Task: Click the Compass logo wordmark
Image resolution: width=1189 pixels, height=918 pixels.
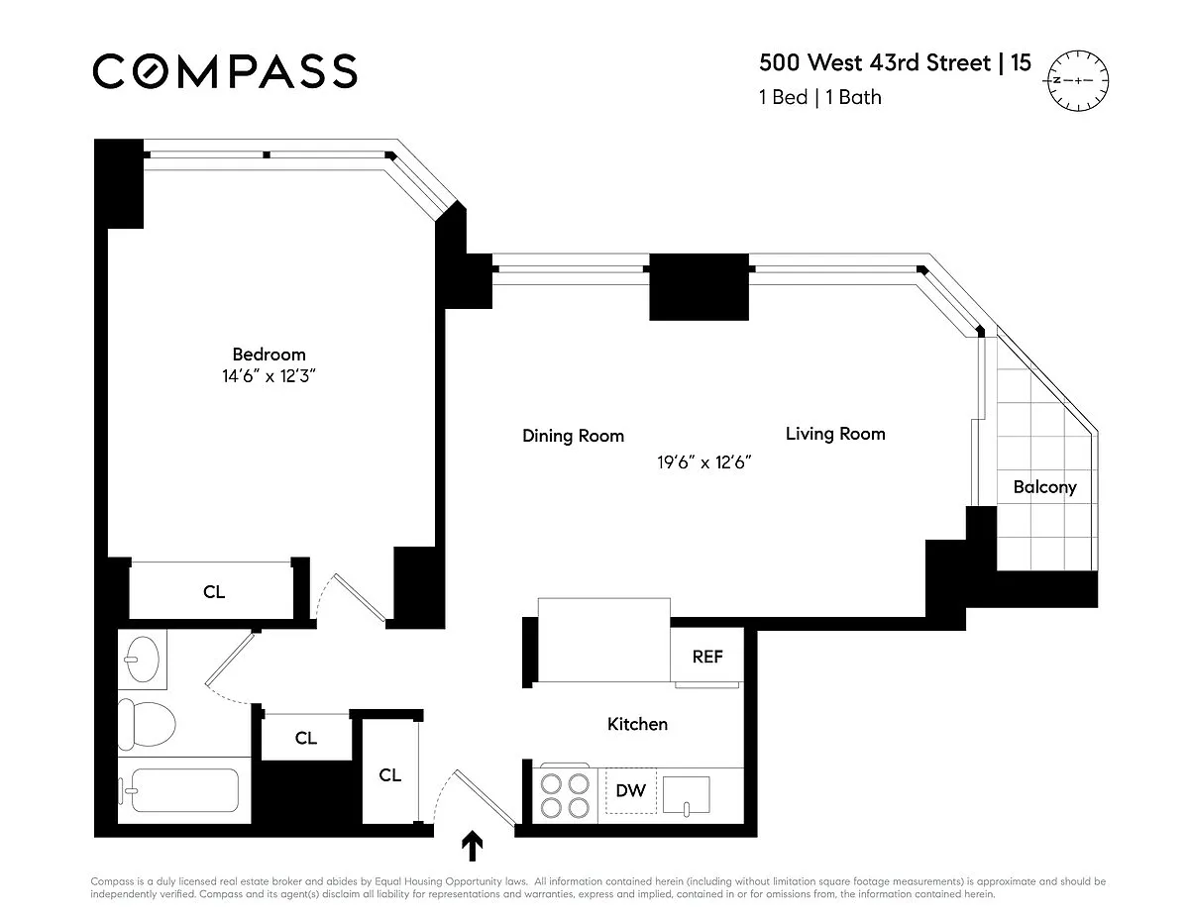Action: pyautogui.click(x=225, y=71)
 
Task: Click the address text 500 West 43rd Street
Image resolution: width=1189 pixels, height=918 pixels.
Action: pyautogui.click(x=874, y=62)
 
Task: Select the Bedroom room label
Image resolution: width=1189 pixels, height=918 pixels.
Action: pyautogui.click(x=269, y=355)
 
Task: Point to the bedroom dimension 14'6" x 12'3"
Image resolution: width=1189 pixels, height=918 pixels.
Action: pyautogui.click(x=269, y=376)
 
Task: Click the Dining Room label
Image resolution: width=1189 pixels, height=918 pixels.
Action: pyautogui.click(x=573, y=436)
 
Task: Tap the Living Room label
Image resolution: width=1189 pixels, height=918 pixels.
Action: pyautogui.click(x=835, y=434)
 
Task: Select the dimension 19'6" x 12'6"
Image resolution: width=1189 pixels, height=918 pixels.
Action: pyautogui.click(x=703, y=462)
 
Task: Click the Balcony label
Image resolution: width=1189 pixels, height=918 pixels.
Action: pyautogui.click(x=1044, y=486)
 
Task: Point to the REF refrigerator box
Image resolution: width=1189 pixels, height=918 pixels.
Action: pyautogui.click(x=706, y=656)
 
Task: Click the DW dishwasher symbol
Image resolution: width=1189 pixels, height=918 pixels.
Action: pyautogui.click(x=630, y=790)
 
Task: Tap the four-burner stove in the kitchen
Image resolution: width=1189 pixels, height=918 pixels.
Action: pyautogui.click(x=565, y=795)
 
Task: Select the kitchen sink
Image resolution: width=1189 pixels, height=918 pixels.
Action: pyautogui.click(x=686, y=795)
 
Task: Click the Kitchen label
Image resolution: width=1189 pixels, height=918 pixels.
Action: pyautogui.click(x=637, y=724)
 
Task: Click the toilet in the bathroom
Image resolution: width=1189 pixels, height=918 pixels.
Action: pyautogui.click(x=147, y=725)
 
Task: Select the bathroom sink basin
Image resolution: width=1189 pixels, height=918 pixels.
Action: pyautogui.click(x=142, y=659)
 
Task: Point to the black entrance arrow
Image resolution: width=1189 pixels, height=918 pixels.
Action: pyautogui.click(x=473, y=847)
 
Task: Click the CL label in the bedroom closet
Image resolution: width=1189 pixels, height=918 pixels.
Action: pyautogui.click(x=214, y=591)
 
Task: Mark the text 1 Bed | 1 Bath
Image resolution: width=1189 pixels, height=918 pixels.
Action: pyautogui.click(x=820, y=97)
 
